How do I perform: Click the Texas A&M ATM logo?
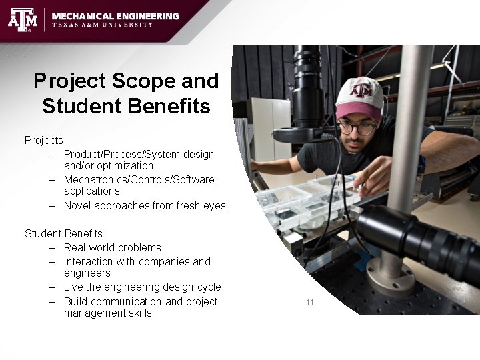[22, 19]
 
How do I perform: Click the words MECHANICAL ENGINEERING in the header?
[115, 15]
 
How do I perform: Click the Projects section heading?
[43, 140]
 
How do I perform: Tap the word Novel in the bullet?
[77, 205]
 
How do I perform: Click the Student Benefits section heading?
[63, 233]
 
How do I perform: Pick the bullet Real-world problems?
[112, 247]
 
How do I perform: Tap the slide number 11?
[310, 302]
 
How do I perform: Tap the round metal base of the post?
[390, 277]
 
